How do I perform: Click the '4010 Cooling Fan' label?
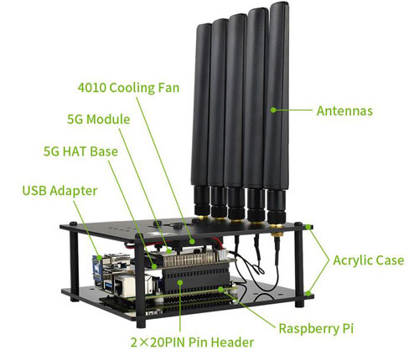tap(128, 88)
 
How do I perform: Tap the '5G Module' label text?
tap(99, 119)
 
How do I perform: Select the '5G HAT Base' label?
tap(80, 152)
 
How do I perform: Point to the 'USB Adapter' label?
tap(59, 191)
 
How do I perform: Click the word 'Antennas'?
tap(344, 111)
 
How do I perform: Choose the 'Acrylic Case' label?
tap(369, 260)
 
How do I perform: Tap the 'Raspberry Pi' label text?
tap(316, 328)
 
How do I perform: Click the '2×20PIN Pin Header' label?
tap(192, 342)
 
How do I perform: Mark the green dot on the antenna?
tap(273, 110)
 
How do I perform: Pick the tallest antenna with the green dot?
tap(276, 111)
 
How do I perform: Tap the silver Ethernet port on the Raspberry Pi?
tap(125, 285)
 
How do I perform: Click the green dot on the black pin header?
tap(180, 283)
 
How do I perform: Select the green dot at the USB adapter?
tap(100, 257)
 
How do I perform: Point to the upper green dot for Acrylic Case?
tap(308, 227)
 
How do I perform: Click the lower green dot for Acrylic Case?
tap(308, 293)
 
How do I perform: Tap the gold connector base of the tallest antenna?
tap(277, 229)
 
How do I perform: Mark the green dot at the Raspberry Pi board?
tap(220, 289)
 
